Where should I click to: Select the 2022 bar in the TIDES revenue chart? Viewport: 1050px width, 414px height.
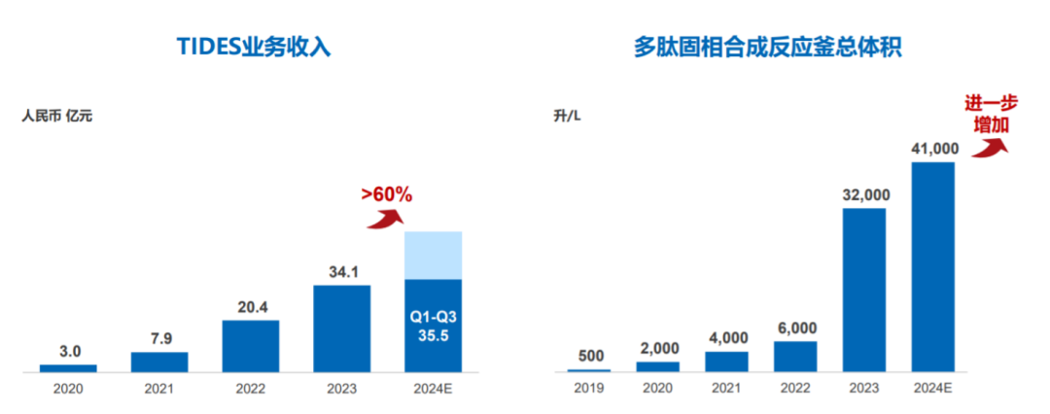pos(250,346)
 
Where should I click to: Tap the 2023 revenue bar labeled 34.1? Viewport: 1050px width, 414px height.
pos(341,328)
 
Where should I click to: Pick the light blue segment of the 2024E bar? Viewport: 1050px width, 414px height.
pos(433,255)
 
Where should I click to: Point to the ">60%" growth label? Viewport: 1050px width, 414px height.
pos(387,194)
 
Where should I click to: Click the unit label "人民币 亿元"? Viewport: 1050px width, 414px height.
pos(57,117)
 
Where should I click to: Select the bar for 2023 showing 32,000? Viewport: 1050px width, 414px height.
pos(864,290)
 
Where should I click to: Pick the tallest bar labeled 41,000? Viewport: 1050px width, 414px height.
pos(932,266)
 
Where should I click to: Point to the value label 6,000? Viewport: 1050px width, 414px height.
pos(795,328)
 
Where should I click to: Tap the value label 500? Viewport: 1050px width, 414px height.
pos(589,355)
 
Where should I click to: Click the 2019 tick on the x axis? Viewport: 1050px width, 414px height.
pos(589,390)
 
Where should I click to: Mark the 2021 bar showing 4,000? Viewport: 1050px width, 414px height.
pos(726,362)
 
